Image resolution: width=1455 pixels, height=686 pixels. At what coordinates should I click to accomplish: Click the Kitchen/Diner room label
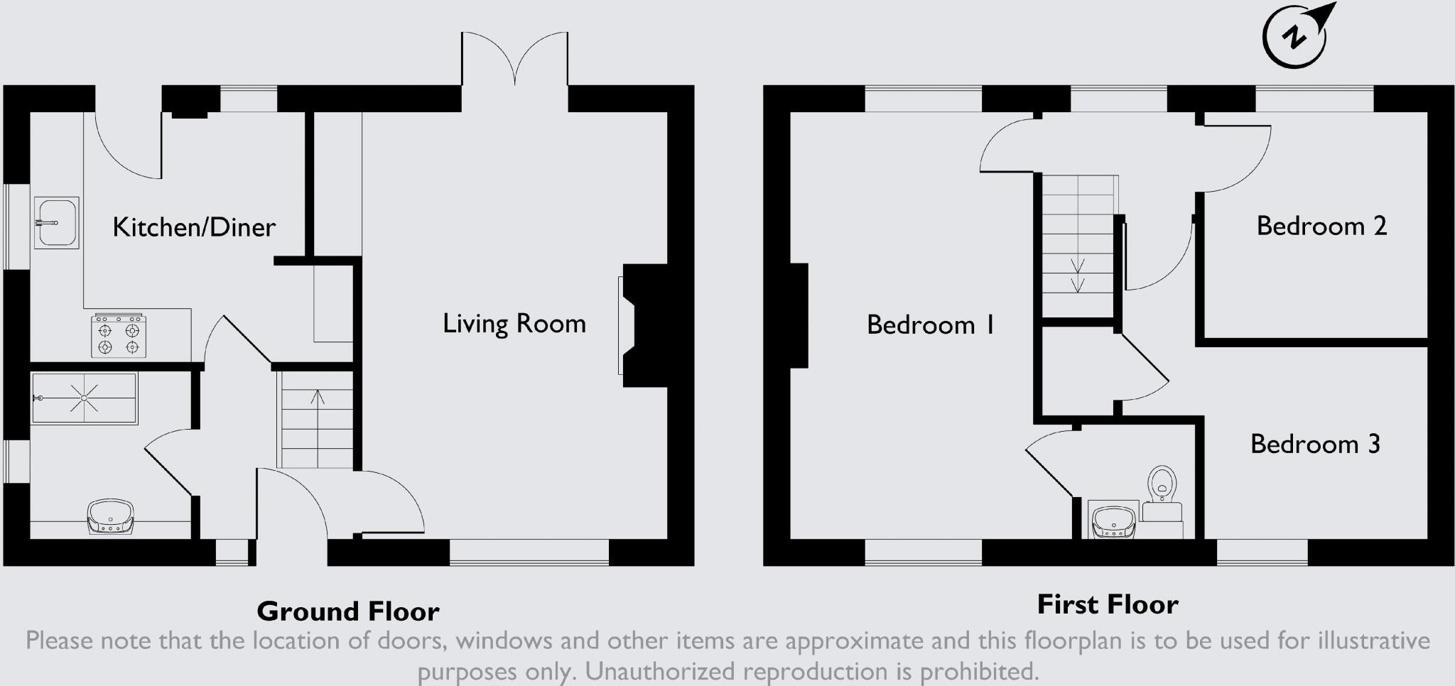click(194, 227)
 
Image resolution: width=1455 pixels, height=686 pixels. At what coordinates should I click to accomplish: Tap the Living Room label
click(514, 324)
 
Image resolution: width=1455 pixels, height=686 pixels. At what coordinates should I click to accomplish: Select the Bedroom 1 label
click(930, 325)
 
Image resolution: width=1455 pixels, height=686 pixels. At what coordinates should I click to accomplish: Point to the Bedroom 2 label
click(1321, 227)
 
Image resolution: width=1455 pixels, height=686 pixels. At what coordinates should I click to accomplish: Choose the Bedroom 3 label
click(1315, 445)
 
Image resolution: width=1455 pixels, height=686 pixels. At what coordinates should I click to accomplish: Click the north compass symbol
click(1296, 37)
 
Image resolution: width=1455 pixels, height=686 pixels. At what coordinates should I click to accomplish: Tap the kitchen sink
click(56, 223)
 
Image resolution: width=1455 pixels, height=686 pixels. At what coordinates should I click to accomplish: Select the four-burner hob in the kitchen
click(119, 337)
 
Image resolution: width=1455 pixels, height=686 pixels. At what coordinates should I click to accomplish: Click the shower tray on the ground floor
click(84, 398)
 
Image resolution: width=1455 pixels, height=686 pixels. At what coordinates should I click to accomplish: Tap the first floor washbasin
click(1113, 521)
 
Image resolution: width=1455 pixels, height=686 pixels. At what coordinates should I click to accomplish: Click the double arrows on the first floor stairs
click(1078, 275)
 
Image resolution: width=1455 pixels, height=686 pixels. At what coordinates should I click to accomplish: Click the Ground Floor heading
click(348, 611)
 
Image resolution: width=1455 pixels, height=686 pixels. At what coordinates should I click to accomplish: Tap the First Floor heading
click(1108, 604)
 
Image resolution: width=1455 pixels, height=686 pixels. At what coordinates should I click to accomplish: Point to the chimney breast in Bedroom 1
click(799, 316)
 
